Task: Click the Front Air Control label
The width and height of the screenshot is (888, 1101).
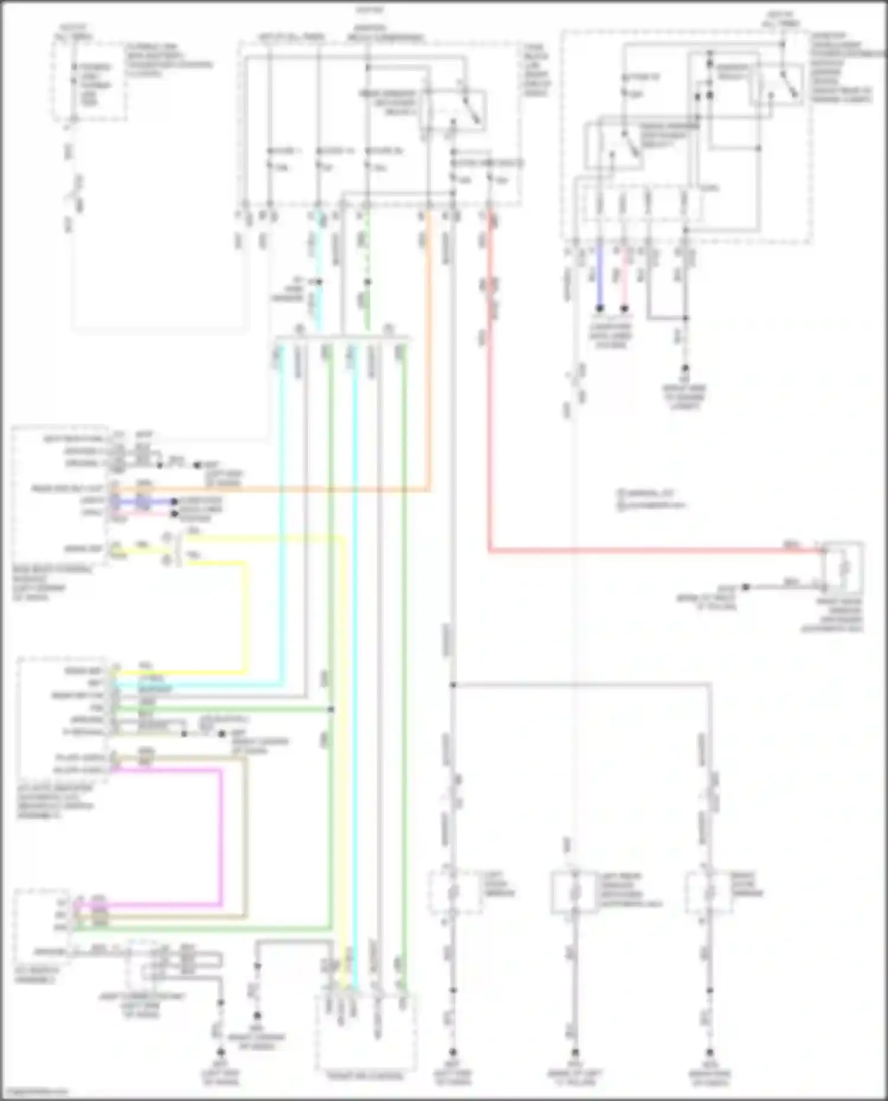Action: [x=365, y=1076]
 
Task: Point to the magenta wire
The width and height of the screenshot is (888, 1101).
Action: [x=222, y=840]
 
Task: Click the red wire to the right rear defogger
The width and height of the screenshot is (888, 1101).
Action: [x=651, y=551]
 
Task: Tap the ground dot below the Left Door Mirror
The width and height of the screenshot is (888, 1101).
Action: [x=453, y=1052]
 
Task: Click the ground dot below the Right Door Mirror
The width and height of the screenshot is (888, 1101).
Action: [x=709, y=1052]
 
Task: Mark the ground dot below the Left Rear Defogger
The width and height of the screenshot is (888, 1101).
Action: [x=574, y=1052]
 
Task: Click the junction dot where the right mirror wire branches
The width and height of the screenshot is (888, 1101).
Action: [x=453, y=685]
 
